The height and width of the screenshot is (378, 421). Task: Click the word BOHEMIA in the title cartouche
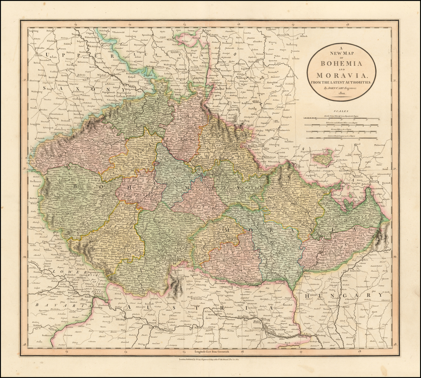point(341,64)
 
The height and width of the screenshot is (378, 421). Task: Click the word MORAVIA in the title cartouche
point(341,75)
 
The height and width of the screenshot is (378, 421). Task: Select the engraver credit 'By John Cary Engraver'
point(341,88)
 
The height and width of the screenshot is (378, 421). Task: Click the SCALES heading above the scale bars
point(341,111)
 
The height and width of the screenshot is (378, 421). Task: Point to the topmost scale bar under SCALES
point(341,118)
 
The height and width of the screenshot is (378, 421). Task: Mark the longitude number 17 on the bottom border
point(301,352)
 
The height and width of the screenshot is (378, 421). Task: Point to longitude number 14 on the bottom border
point(125,352)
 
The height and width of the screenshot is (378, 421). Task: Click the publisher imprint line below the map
point(210,359)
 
